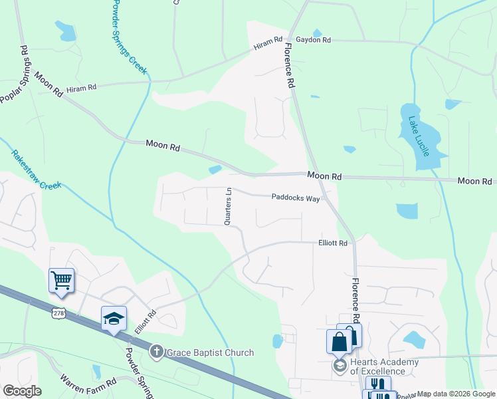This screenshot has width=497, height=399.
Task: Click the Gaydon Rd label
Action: (313, 40)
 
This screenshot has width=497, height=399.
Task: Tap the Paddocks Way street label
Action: (296, 198)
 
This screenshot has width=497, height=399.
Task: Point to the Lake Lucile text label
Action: (419, 136)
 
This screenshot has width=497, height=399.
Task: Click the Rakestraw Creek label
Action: (36, 170)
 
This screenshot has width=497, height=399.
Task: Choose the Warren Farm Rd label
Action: (89, 385)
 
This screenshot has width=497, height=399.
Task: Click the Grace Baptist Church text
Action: (210, 352)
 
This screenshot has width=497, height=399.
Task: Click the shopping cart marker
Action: (61, 279)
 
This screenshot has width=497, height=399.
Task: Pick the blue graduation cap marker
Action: (114, 318)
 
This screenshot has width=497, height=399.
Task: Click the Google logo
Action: (22, 391)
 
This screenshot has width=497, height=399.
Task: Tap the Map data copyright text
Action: (456, 394)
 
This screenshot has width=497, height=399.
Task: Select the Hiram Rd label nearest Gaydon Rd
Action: (268, 43)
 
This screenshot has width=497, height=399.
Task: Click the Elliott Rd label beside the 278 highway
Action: (146, 322)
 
